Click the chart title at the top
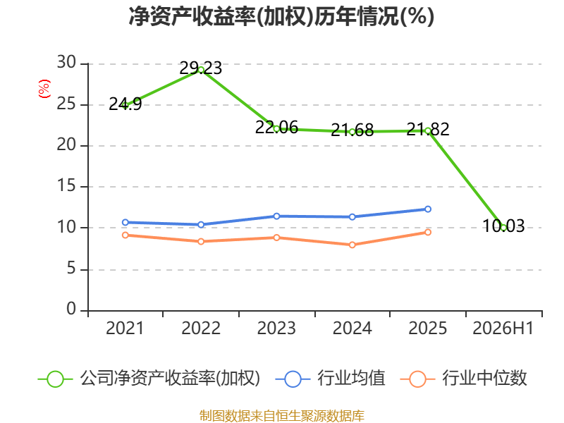click(281, 16)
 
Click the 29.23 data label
click(201, 68)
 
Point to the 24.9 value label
click(125, 104)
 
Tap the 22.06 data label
click(276, 128)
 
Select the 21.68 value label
click(352, 130)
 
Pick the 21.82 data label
click(428, 129)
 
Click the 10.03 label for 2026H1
click(503, 226)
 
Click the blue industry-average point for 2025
click(428, 209)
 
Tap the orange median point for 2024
click(352, 245)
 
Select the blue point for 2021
click(125, 222)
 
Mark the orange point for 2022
click(201, 241)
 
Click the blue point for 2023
click(276, 216)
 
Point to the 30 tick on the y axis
click(66, 63)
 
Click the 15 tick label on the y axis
click(66, 186)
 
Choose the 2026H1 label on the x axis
click(503, 328)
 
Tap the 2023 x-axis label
click(276, 328)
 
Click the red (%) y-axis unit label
click(44, 89)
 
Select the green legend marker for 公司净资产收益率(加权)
click(56, 379)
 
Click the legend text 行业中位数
click(484, 378)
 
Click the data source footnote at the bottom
click(282, 416)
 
